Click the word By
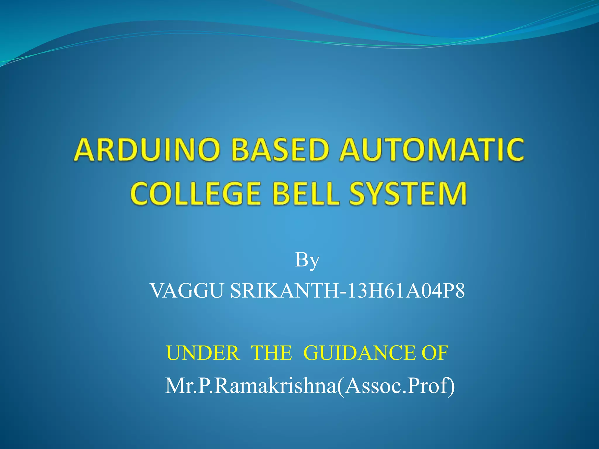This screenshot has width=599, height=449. pos(307,260)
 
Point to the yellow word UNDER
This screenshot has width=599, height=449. pos(202,353)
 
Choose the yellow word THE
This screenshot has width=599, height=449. pos(271,353)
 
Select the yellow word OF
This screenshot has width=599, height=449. pos(434,353)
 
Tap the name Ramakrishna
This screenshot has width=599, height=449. pos(275,386)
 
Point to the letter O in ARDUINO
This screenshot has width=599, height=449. pos(207,150)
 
